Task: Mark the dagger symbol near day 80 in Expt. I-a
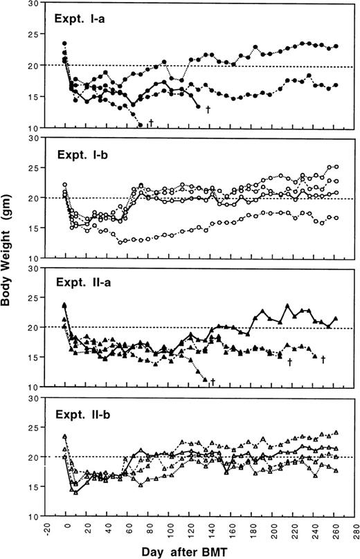pos(150,123)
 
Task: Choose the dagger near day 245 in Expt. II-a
pos(323,359)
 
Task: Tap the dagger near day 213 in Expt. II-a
pos(289,360)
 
